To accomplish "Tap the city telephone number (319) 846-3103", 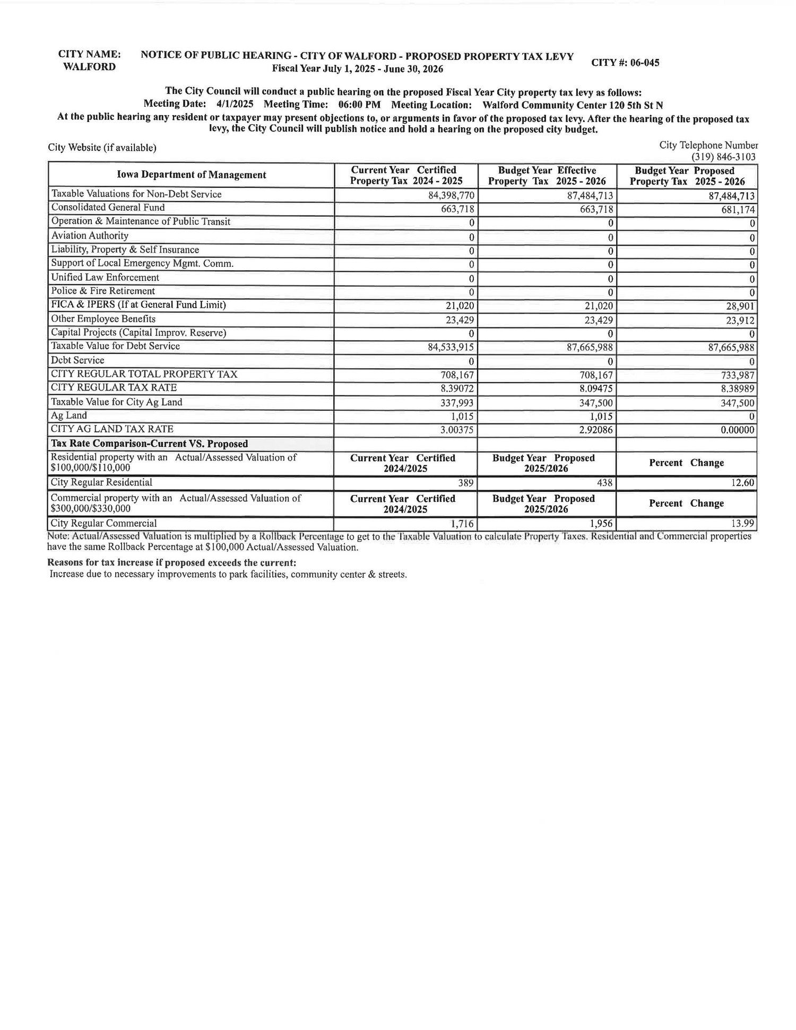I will click(x=723, y=157).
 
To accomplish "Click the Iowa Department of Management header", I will click(x=191, y=175).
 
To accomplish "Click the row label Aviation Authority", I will click(x=90, y=236).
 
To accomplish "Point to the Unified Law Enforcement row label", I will click(x=105, y=278).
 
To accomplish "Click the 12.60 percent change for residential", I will click(x=742, y=483).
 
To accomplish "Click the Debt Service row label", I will click(x=77, y=360).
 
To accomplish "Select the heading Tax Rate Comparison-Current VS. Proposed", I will click(x=150, y=444).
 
